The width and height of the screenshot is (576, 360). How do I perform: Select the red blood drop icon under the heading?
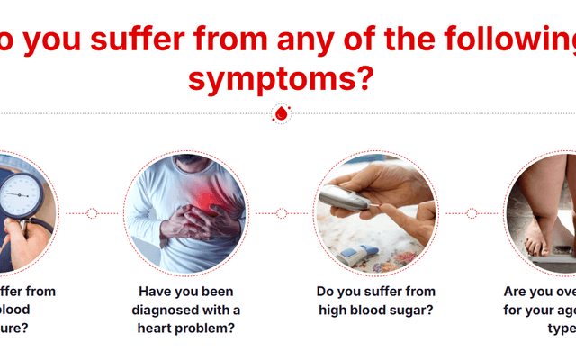pyautogui.click(x=281, y=114)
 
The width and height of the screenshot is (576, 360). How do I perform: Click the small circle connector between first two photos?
pyautogui.click(x=92, y=213)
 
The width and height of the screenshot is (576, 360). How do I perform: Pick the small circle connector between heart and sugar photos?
pyautogui.click(x=282, y=213)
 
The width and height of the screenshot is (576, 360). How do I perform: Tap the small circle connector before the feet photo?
pyautogui.click(x=472, y=213)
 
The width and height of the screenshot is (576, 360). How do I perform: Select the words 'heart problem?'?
pyautogui.click(x=186, y=328)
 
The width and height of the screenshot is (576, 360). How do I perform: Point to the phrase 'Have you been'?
pyautogui.click(x=186, y=292)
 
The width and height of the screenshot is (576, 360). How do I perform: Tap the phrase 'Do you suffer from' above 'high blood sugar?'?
pyautogui.click(x=375, y=292)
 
